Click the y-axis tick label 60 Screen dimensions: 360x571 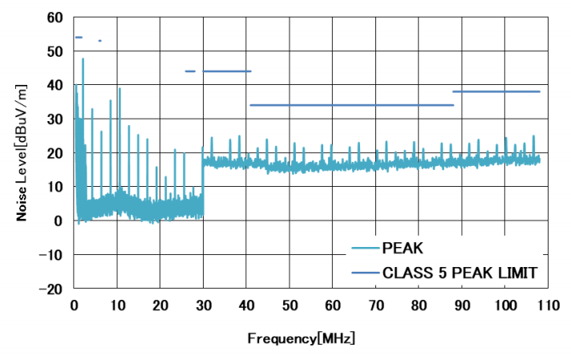[x=55, y=17]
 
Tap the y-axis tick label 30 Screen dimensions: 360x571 [x=55, y=119]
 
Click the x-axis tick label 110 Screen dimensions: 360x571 [x=549, y=305]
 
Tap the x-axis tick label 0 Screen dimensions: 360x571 [x=74, y=305]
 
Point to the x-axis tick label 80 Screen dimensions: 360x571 [x=419, y=305]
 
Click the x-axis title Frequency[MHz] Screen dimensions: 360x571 [x=302, y=338]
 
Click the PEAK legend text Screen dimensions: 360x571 [x=405, y=249]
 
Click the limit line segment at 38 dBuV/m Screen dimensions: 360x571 [x=496, y=91]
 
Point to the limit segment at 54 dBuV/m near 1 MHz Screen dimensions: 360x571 [x=79, y=37]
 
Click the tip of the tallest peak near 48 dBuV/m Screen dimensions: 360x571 [x=83, y=59]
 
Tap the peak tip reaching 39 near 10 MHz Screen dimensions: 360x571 [x=119, y=89]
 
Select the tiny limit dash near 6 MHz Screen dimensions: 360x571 [x=99, y=40]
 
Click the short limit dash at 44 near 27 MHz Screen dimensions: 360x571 [x=190, y=71]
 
